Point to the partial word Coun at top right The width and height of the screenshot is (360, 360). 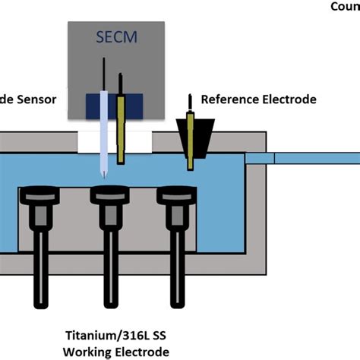click(344, 7)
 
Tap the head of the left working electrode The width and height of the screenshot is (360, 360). click(36, 197)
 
